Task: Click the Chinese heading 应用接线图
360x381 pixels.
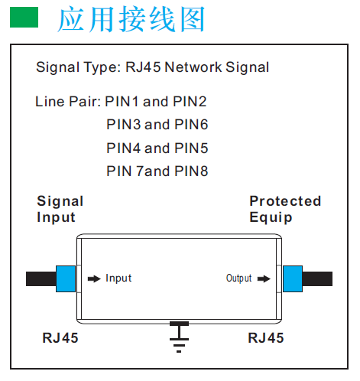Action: [131, 19]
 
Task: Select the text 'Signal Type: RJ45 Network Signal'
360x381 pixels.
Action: [152, 67]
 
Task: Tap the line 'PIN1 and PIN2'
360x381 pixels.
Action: [156, 101]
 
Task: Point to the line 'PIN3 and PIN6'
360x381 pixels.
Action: [157, 124]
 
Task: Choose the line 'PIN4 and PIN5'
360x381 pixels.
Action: [157, 148]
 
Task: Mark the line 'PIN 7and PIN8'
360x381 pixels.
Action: [157, 171]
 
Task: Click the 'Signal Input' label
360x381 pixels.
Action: [60, 209]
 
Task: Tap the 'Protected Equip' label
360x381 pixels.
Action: [285, 209]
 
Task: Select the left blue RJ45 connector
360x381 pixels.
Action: [66, 278]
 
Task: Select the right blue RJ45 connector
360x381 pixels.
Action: [293, 278]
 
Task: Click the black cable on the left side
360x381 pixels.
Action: [40, 278]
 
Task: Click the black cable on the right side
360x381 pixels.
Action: [319, 278]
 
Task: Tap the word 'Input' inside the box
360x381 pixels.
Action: [118, 278]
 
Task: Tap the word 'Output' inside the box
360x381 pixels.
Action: [238, 278]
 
